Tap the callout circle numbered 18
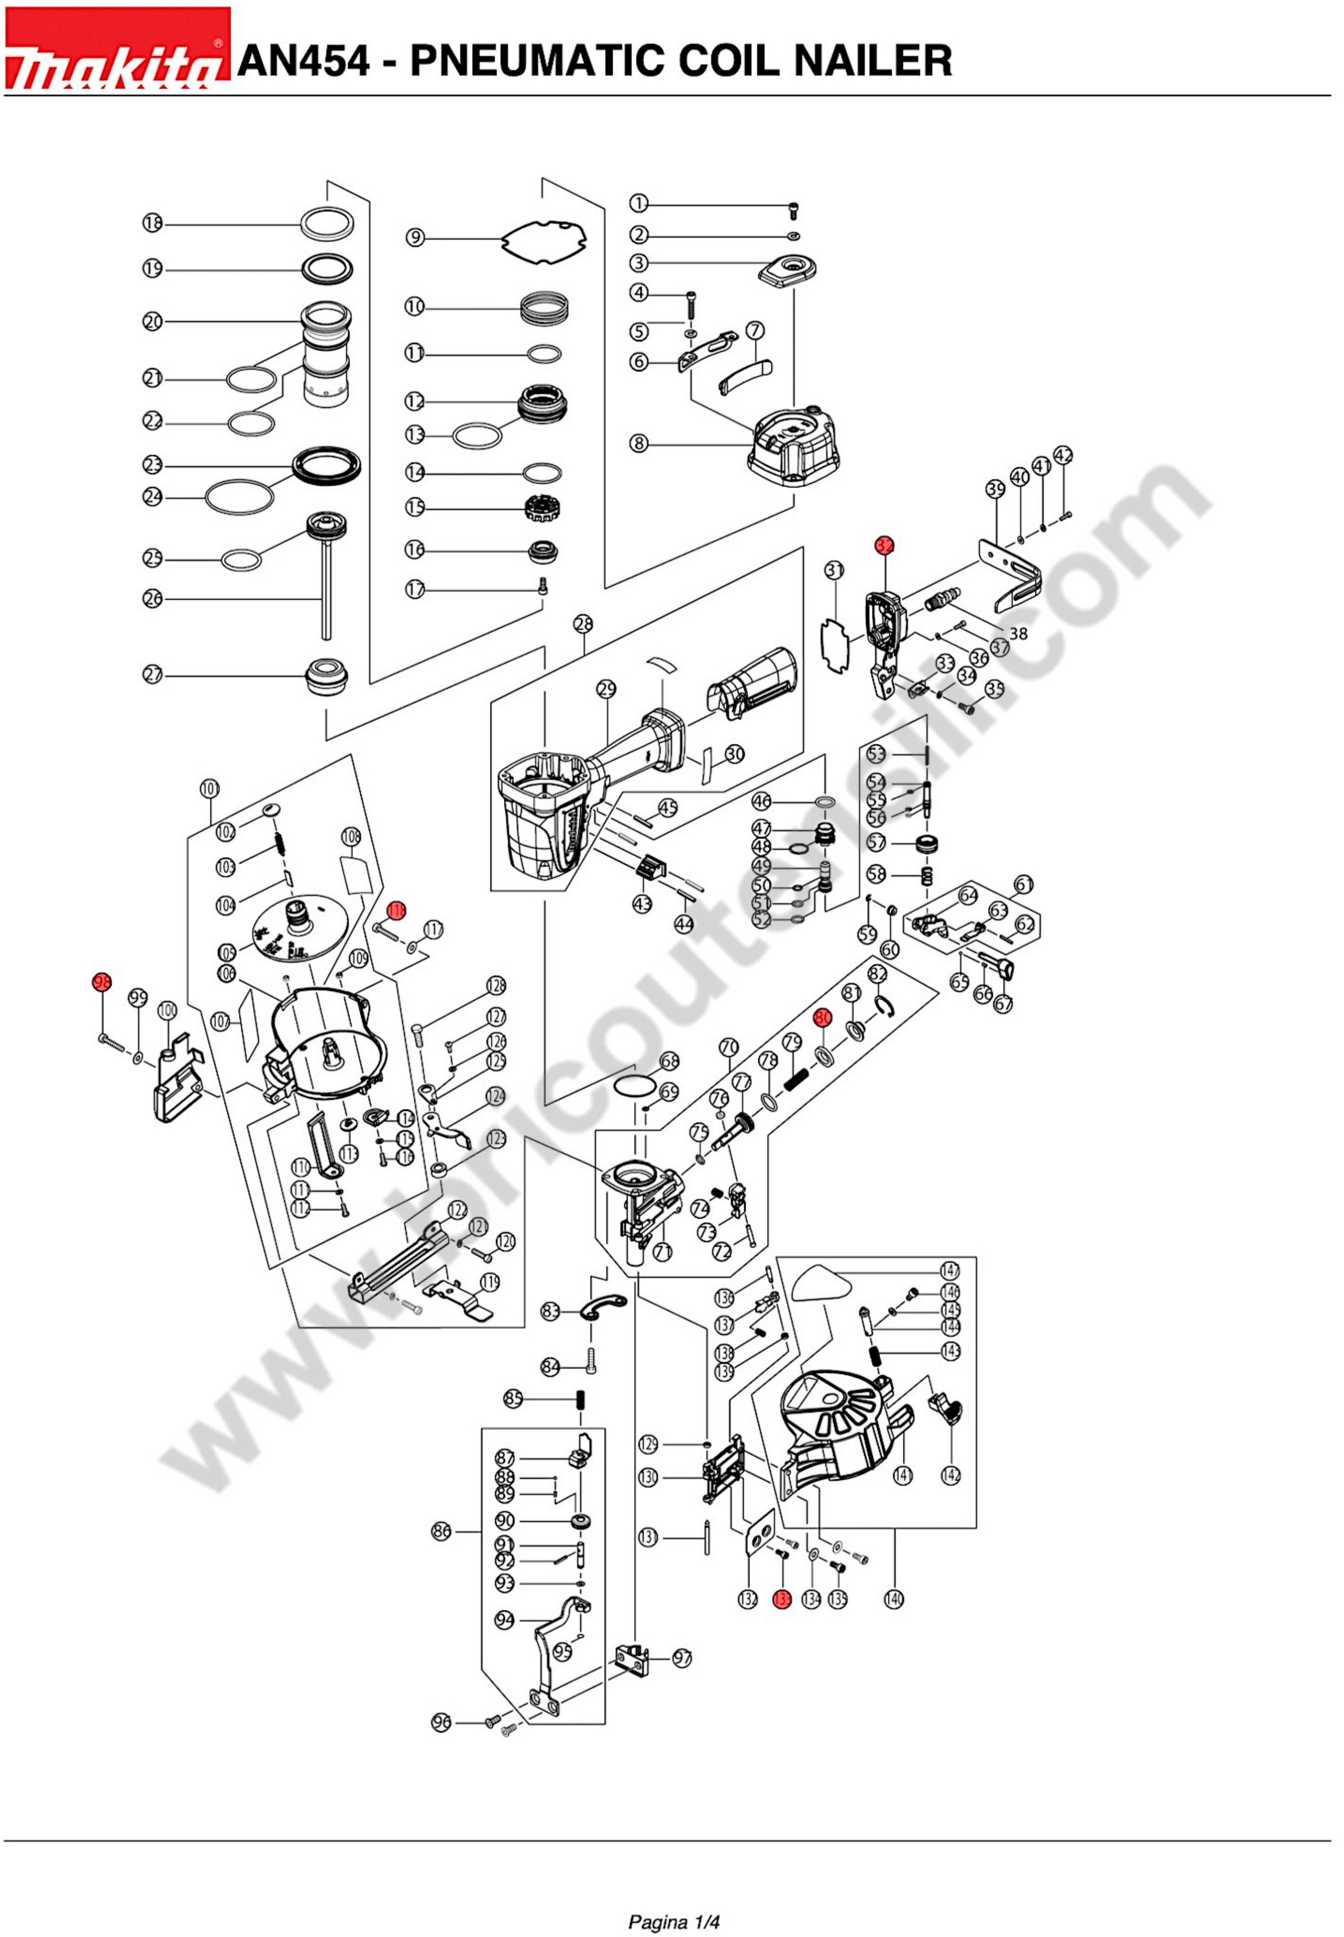click(x=152, y=223)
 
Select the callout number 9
click(x=415, y=238)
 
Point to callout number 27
click(x=152, y=675)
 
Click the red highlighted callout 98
click(x=102, y=982)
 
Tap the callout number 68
click(x=669, y=1061)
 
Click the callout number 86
click(x=441, y=1531)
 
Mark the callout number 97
click(x=682, y=1658)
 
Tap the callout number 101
click(x=210, y=789)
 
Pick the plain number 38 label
click(x=1018, y=634)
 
